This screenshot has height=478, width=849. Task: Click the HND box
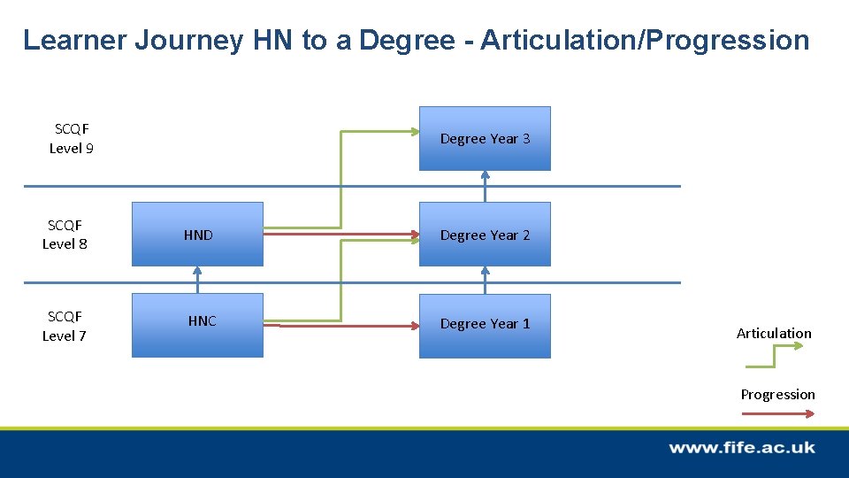(197, 235)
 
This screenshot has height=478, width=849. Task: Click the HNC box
(197, 325)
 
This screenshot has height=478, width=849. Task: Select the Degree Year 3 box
(485, 138)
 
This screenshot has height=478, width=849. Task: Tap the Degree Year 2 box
(485, 235)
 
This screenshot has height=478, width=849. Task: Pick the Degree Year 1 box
(485, 325)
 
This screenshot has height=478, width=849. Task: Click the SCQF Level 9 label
(72, 139)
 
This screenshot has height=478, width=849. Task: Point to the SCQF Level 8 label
(65, 235)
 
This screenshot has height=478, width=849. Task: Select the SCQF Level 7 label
(65, 326)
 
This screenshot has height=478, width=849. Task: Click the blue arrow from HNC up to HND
(198, 280)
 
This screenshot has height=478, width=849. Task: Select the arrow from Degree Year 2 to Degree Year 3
(485, 186)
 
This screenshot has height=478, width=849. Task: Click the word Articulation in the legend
(774, 334)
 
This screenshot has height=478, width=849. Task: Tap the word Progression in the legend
(777, 395)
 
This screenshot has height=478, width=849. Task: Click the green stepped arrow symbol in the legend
(775, 356)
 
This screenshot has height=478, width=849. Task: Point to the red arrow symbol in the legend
(777, 412)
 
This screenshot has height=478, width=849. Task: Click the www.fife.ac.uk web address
(741, 448)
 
